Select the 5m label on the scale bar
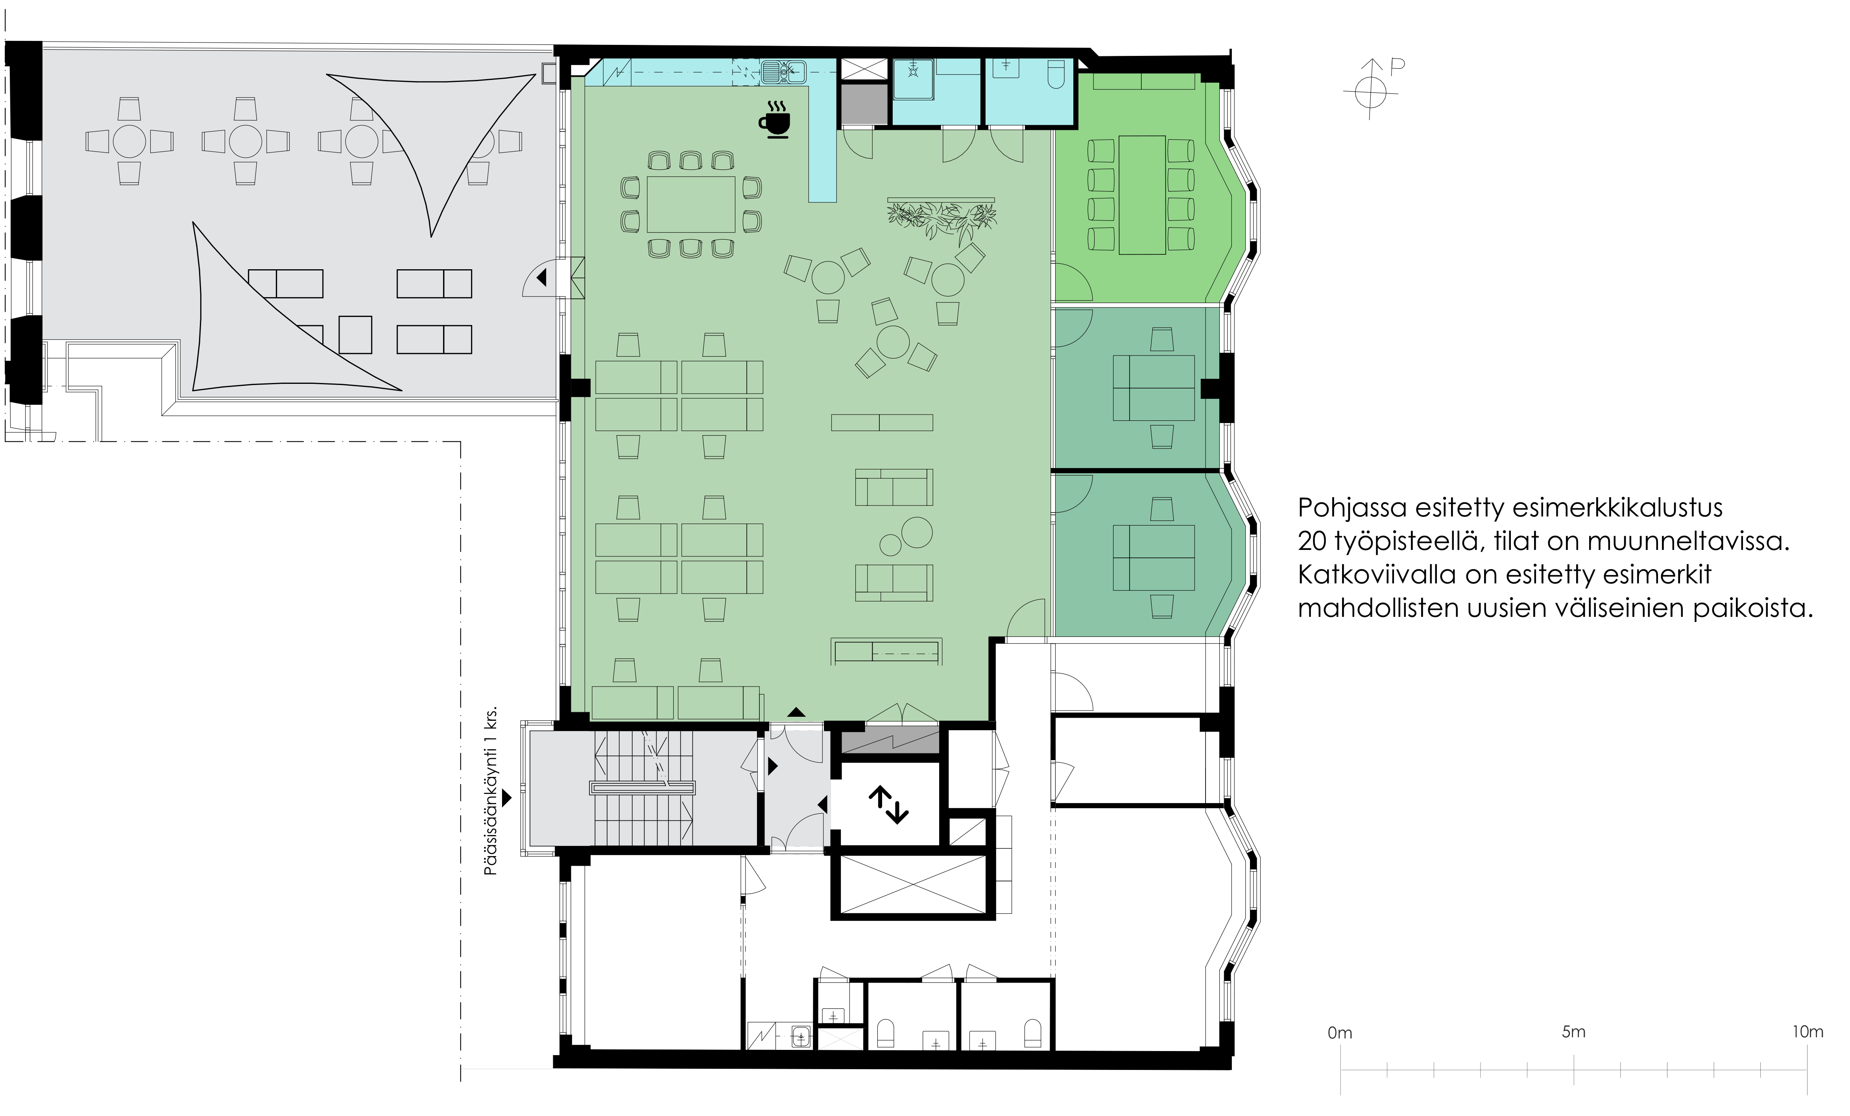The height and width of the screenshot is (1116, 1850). click(x=1574, y=1032)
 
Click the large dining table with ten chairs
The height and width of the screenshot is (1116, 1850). click(x=691, y=204)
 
